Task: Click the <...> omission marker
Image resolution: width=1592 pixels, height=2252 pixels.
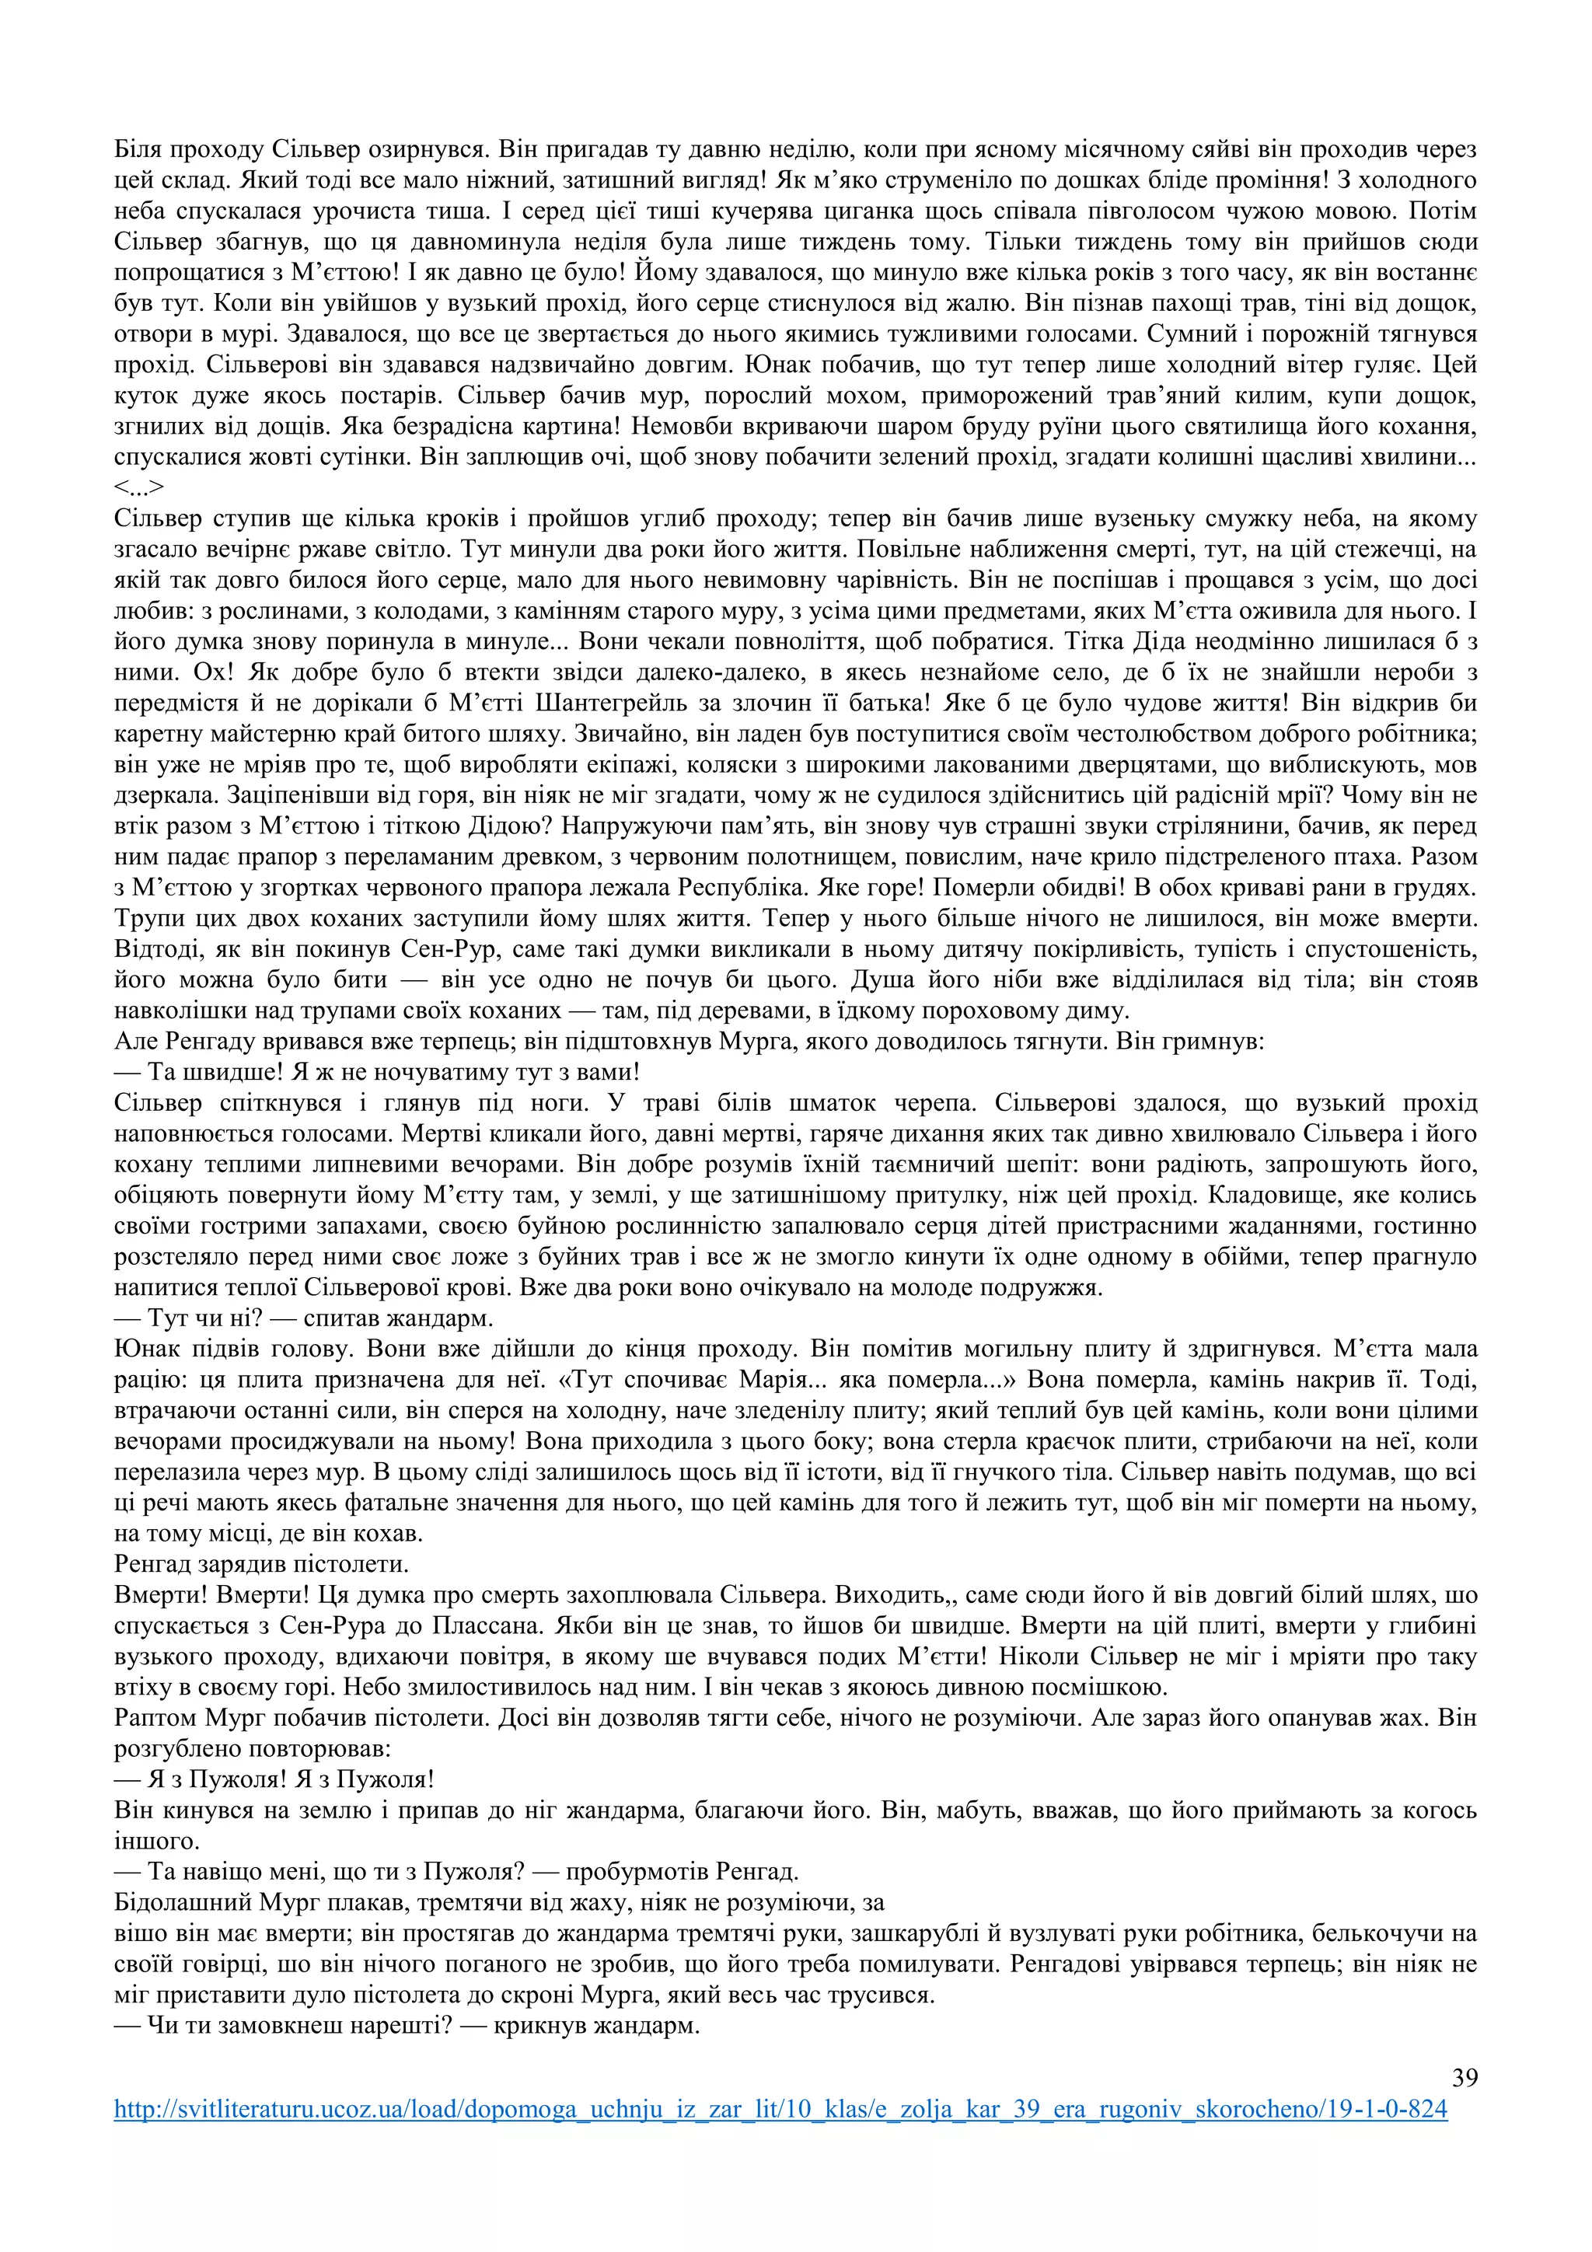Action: [x=138, y=487]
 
